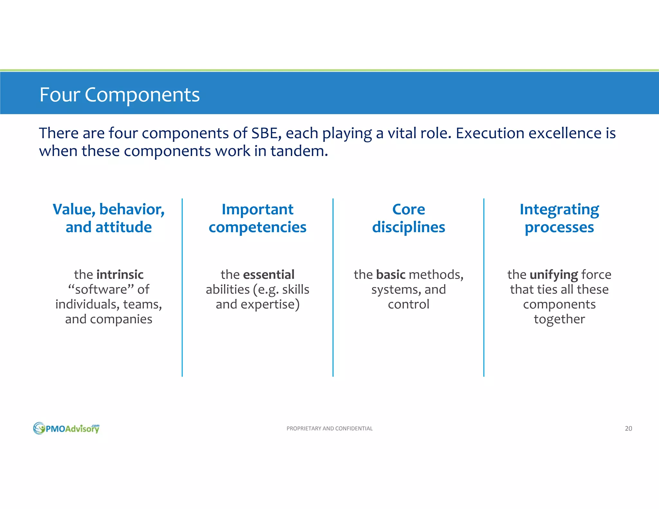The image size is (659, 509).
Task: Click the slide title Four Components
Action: tap(119, 95)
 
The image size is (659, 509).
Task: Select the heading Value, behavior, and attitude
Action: tap(109, 218)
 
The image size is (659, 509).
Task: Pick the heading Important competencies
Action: tap(257, 218)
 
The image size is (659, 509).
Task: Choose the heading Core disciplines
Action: tap(408, 218)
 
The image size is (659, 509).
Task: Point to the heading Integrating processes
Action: tap(559, 218)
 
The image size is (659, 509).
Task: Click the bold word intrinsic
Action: tap(120, 275)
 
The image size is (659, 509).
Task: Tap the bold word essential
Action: tap(269, 275)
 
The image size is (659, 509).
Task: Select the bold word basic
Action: tap(391, 275)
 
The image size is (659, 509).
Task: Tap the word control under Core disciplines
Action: tap(408, 304)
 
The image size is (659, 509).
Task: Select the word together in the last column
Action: tap(559, 319)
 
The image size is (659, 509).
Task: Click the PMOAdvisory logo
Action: tap(66, 428)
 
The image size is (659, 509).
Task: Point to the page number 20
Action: tap(628, 429)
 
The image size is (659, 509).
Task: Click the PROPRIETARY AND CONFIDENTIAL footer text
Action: tap(329, 429)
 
